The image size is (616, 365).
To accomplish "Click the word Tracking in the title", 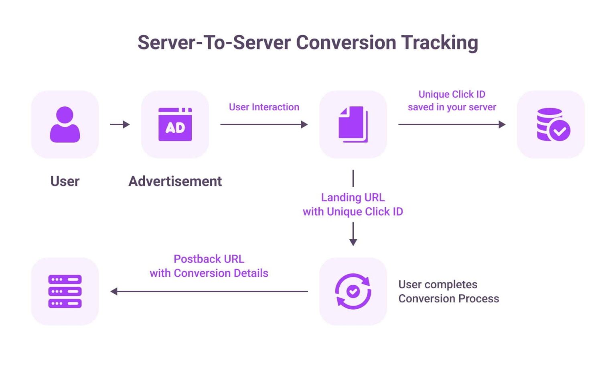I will pos(440,43).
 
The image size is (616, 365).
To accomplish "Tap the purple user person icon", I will pos(65,124).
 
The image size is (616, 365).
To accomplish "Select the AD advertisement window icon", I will pos(175,124).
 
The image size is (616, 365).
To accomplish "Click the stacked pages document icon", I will pos(353,124).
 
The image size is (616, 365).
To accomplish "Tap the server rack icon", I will pos(65,292).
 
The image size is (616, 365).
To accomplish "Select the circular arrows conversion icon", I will pos(353,292).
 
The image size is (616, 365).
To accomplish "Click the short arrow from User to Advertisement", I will pos(120,124).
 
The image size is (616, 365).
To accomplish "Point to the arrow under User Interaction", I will pos(264,124).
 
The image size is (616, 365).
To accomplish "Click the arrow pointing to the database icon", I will pos(452,124).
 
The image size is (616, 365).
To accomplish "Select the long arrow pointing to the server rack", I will pos(209,292).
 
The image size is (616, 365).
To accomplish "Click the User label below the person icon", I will pos(65,181).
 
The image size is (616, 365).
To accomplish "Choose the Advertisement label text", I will pos(175,181).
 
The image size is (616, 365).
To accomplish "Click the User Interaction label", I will pos(264,107).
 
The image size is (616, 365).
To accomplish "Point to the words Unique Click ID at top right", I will pos(452,94).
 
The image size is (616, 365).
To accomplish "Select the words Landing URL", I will pos(353,198).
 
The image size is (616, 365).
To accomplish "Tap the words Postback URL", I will pos(209,259).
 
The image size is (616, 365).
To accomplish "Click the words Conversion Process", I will pos(448,299).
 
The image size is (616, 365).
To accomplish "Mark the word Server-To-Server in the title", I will pos(214,43).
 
